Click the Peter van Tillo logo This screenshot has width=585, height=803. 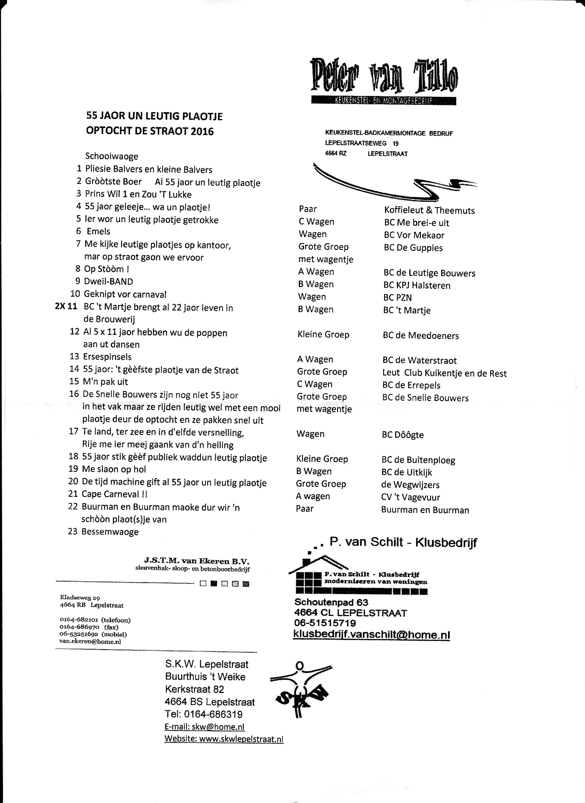(x=384, y=80)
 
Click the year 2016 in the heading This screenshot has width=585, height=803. (x=202, y=131)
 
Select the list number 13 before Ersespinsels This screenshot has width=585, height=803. (x=74, y=356)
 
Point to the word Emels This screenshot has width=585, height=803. (x=99, y=231)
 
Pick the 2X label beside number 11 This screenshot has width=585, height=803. (x=60, y=306)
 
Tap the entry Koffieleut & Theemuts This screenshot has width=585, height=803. (x=429, y=210)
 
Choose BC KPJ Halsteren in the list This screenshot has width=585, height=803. (x=417, y=285)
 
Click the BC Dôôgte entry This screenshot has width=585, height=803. (x=403, y=435)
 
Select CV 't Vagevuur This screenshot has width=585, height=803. (x=410, y=497)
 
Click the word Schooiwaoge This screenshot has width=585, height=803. (x=111, y=156)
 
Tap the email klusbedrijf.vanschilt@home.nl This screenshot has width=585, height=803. (x=371, y=635)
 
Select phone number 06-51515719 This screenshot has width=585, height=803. (x=325, y=623)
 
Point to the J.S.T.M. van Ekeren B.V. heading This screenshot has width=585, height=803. (x=197, y=561)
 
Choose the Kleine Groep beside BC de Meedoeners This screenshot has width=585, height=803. (x=323, y=335)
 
